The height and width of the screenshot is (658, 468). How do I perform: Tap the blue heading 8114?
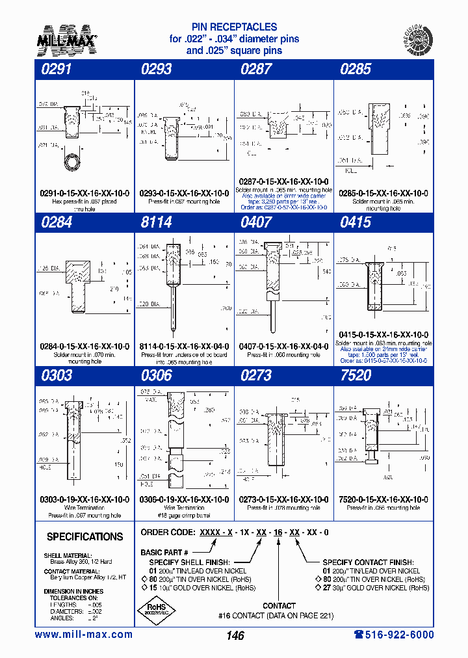click(x=156, y=222)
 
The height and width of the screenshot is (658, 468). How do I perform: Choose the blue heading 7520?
click(x=355, y=375)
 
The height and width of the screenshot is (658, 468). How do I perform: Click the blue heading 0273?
click(x=256, y=375)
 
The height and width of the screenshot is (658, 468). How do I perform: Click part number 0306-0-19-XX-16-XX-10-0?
click(x=184, y=499)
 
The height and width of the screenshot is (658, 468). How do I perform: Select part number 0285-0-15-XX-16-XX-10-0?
click(x=383, y=193)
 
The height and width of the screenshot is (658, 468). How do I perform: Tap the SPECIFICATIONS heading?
click(x=84, y=537)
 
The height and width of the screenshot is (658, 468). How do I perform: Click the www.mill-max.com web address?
click(x=83, y=635)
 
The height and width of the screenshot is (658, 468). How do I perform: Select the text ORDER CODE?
click(x=164, y=532)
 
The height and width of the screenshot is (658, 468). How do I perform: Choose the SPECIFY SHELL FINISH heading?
click(x=189, y=562)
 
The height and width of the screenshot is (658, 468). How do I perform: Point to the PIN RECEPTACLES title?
click(x=234, y=27)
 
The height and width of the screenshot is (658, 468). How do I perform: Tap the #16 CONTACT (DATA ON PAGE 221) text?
click(x=279, y=615)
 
